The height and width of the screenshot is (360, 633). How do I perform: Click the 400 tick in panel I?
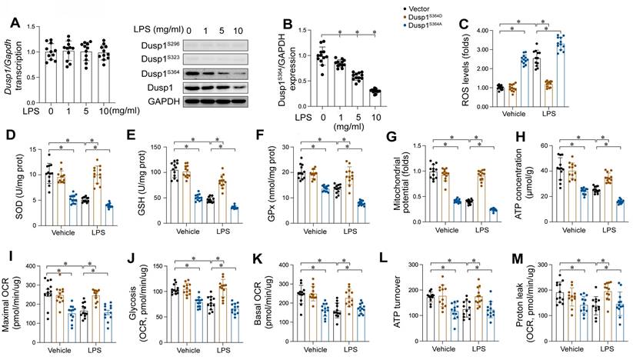pos(26,266)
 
